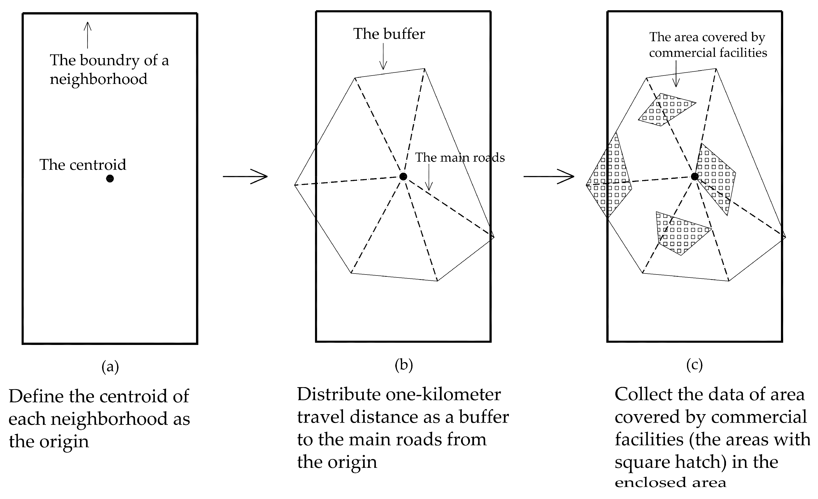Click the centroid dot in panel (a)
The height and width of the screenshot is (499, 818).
tap(110, 179)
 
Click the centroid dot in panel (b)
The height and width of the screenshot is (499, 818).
tap(403, 176)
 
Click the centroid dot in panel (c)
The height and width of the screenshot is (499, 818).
tap(695, 176)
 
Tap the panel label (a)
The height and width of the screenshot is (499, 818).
tap(110, 367)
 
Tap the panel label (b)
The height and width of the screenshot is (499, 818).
tap(404, 365)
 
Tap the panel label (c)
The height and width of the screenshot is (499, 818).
tap(695, 365)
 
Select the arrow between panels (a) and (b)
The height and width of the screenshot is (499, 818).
tap(245, 176)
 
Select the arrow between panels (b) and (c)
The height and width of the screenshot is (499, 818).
tap(549, 176)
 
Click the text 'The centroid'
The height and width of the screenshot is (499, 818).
tap(83, 165)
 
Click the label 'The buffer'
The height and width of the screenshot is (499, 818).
tap(389, 34)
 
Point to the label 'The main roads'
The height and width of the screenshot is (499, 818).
tap(460, 158)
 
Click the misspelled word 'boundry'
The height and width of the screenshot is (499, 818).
tap(110, 60)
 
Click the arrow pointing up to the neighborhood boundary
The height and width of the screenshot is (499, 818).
tap(87, 35)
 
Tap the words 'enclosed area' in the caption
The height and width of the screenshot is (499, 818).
tap(670, 482)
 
